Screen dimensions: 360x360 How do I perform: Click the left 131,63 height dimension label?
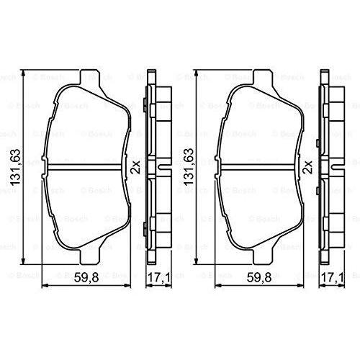coord(14,167)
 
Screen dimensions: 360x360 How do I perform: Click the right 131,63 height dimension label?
coord(188,166)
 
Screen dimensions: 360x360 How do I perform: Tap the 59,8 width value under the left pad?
coord(86,278)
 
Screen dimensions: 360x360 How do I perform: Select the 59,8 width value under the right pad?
coord(259,278)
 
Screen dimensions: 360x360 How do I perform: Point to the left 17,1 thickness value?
coord(158,278)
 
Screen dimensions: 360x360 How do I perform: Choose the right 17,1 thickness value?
coord(333,278)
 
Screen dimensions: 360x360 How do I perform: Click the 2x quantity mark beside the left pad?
coord(135,167)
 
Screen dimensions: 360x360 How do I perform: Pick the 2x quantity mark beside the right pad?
coord(308,167)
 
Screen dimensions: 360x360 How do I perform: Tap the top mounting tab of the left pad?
coord(89,77)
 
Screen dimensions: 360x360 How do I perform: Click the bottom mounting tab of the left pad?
coord(89,256)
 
